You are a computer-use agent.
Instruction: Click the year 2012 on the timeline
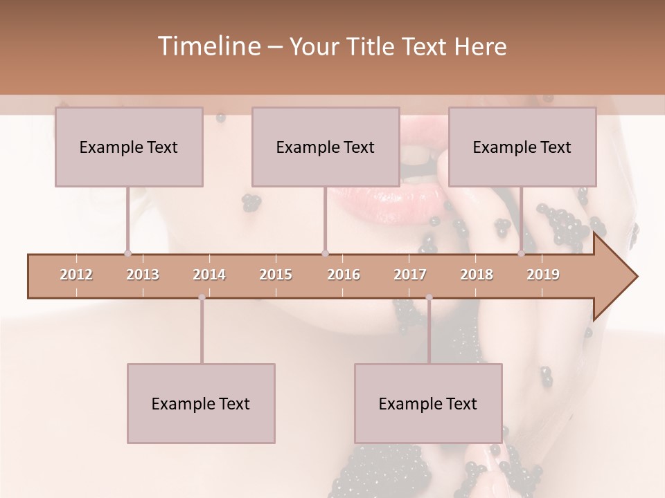pos(76,275)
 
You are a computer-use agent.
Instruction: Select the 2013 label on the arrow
pos(143,275)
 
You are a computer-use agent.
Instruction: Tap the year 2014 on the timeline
pos(209,275)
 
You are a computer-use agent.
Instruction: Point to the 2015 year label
pos(276,275)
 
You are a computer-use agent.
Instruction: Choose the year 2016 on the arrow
pos(344,275)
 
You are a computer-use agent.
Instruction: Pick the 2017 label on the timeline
pos(410,275)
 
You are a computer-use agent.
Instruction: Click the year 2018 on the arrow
pos(477,275)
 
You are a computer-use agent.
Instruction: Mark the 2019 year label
pos(543,275)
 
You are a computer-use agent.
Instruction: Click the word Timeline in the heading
pos(208,46)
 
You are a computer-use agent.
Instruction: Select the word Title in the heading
pos(371,47)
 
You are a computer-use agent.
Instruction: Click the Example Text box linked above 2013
pos(129,147)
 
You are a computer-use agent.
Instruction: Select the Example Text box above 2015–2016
pos(326,147)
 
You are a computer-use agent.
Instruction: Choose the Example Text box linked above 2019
pos(522,147)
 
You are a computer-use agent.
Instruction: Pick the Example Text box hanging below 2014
pos(201,403)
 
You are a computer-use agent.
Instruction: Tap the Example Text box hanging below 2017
pos(428,403)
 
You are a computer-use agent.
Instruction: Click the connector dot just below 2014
pos(202,297)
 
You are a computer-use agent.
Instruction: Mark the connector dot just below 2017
pos(429,297)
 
